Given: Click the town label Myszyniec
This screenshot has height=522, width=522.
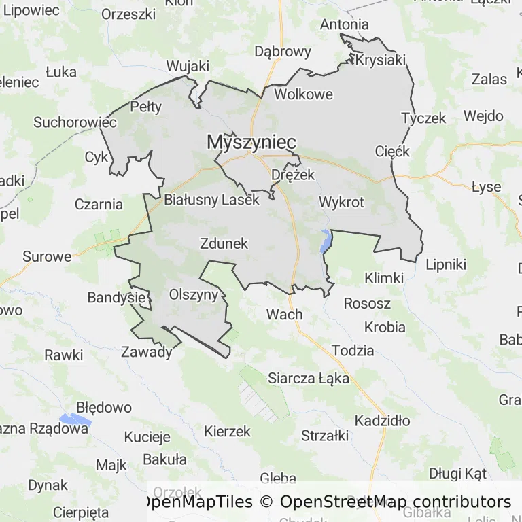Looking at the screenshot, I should pyautogui.click(x=251, y=142).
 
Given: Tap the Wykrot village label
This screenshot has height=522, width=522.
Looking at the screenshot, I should pyautogui.click(x=341, y=202).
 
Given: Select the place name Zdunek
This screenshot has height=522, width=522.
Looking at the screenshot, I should pyautogui.click(x=224, y=243).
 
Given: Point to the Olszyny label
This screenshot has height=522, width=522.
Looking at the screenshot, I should pyautogui.click(x=193, y=294).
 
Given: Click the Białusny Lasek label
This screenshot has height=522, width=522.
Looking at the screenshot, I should pyautogui.click(x=211, y=201).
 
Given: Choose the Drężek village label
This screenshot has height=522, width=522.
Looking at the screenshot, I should pyautogui.click(x=293, y=175).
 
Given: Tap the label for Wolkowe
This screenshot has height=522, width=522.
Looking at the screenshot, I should pyautogui.click(x=303, y=94).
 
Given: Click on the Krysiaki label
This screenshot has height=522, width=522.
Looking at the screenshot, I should pyautogui.click(x=380, y=60).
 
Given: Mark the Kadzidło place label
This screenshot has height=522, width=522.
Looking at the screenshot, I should pyautogui.click(x=382, y=421).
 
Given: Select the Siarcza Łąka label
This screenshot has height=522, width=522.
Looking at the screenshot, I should pyautogui.click(x=309, y=378).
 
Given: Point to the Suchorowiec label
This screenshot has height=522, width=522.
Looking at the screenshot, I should pyautogui.click(x=75, y=123).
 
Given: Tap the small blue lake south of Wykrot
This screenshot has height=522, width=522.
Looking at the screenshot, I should pyautogui.click(x=326, y=241).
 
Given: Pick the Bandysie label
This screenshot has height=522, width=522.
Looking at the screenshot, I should pyautogui.click(x=116, y=298).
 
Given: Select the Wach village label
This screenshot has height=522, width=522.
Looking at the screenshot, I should pyautogui.click(x=284, y=314).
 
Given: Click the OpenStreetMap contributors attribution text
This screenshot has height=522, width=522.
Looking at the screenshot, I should pyautogui.click(x=395, y=502).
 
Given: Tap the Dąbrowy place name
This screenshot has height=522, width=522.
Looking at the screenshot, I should pyautogui.click(x=282, y=52).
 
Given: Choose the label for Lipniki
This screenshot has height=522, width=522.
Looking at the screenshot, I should pyautogui.click(x=446, y=264).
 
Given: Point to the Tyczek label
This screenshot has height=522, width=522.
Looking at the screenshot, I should pyautogui.click(x=423, y=118).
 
